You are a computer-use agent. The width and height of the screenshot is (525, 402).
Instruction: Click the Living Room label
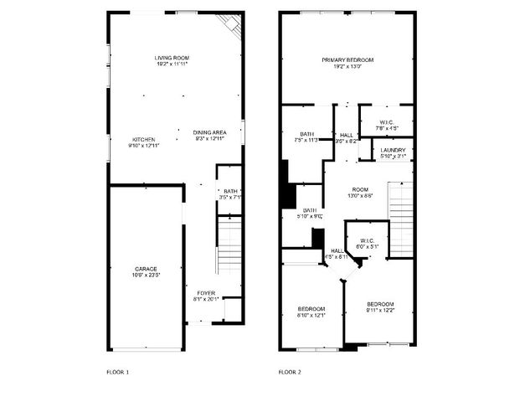[x=171, y=58]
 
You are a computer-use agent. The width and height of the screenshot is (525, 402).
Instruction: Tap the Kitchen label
[x=143, y=139]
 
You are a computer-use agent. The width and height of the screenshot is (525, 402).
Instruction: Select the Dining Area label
[x=210, y=132]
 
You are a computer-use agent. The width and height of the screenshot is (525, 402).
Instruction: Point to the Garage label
[x=146, y=269]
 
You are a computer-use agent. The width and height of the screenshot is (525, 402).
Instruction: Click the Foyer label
[x=206, y=293]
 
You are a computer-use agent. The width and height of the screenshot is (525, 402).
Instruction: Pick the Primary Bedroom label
[x=347, y=59]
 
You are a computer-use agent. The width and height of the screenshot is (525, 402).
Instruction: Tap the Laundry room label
[x=393, y=150]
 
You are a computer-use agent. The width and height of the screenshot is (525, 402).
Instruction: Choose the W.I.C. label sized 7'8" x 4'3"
[x=386, y=122]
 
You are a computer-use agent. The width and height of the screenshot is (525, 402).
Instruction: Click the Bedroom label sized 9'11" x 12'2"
[x=379, y=303]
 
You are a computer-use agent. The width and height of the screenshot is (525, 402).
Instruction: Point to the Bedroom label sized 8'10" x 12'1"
[x=311, y=309]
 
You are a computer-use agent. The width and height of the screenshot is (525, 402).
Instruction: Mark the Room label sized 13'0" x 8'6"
[x=360, y=189]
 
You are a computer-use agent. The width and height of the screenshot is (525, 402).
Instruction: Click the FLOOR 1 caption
[x=118, y=371]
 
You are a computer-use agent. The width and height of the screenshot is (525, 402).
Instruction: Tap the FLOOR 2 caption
[x=290, y=371]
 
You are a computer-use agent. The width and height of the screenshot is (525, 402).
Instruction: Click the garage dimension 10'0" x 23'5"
[x=146, y=275]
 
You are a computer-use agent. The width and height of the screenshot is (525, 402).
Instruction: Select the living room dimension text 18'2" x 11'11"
[x=171, y=64]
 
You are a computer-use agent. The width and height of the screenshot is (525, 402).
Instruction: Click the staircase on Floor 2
[x=403, y=210]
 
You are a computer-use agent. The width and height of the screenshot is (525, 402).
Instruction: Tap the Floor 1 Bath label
[x=231, y=191]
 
